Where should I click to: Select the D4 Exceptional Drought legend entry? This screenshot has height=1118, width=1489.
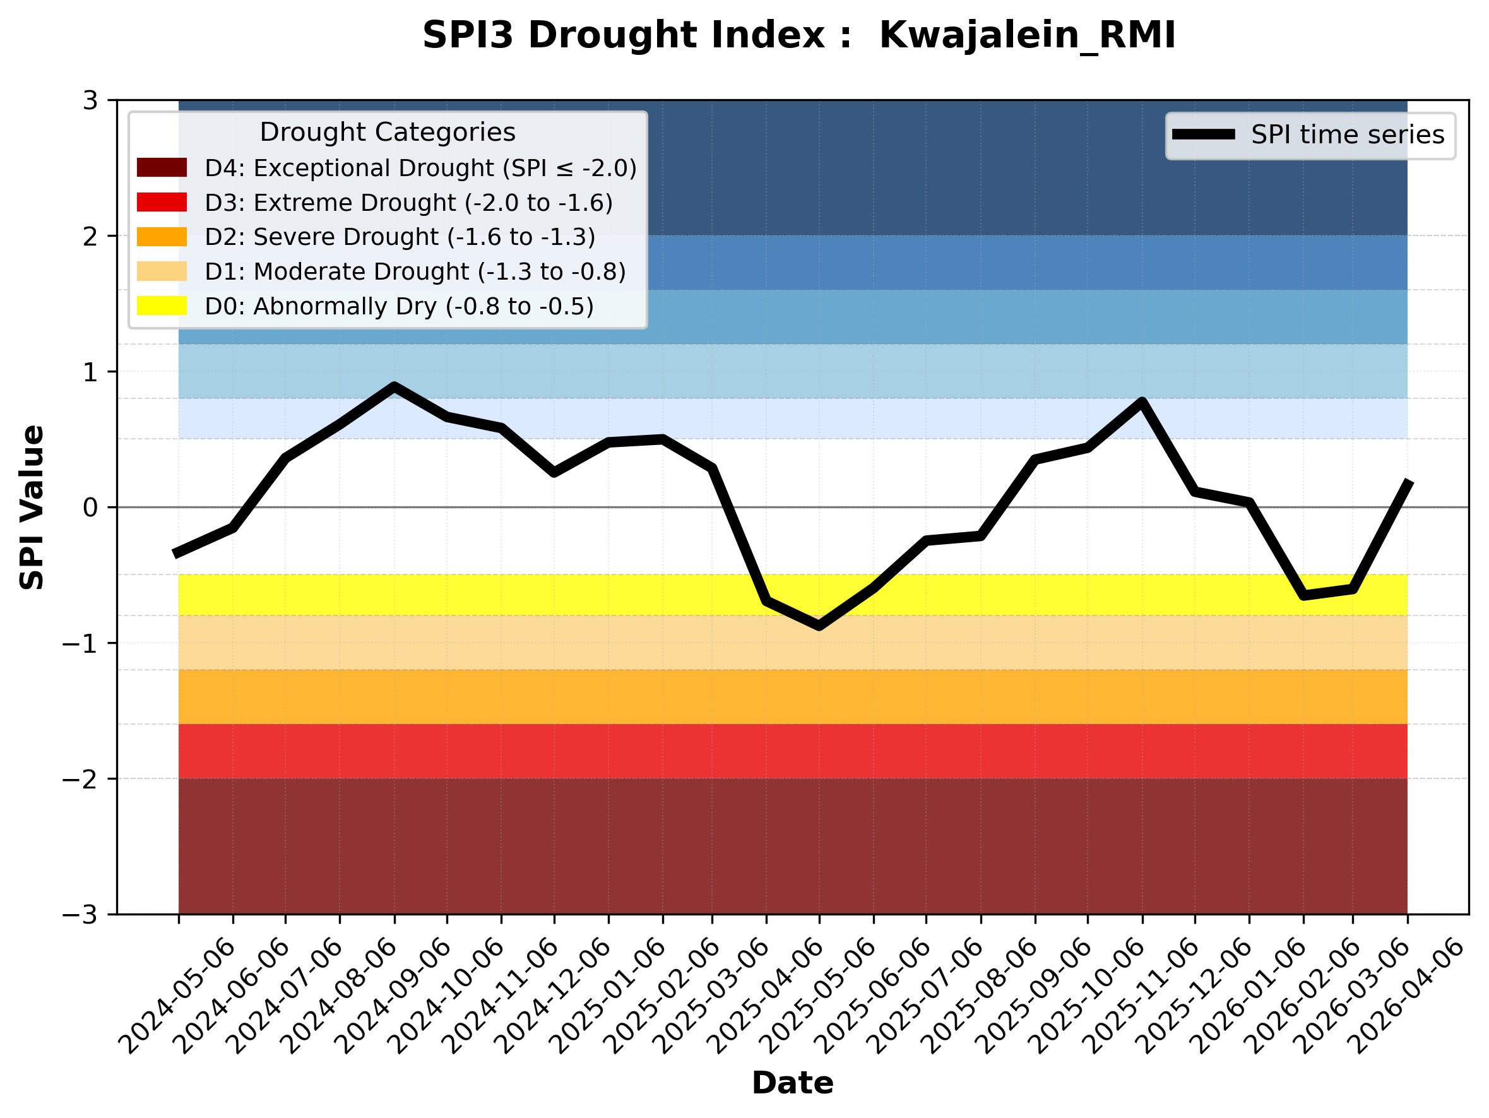point(386,167)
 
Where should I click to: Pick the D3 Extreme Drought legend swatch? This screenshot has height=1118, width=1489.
point(162,202)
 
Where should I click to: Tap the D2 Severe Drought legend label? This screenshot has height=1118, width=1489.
point(400,237)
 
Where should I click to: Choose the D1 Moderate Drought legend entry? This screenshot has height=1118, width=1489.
point(381,271)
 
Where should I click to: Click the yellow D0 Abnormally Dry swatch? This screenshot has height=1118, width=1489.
point(162,306)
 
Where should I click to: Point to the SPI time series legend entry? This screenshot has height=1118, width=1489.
point(1308,134)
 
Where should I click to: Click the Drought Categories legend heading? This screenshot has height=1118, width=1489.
point(387,132)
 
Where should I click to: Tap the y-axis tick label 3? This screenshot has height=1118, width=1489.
point(91,101)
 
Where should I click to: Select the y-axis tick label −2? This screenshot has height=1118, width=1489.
point(80,779)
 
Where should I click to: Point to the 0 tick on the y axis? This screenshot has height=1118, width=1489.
point(91,508)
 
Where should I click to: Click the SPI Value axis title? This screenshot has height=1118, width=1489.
point(32,508)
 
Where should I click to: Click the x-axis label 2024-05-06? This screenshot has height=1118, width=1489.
point(178,996)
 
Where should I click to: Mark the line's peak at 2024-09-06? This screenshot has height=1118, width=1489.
point(394,386)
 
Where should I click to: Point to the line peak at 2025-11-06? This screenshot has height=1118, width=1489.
point(1142,402)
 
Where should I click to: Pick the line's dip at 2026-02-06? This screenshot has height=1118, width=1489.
point(1304,596)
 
